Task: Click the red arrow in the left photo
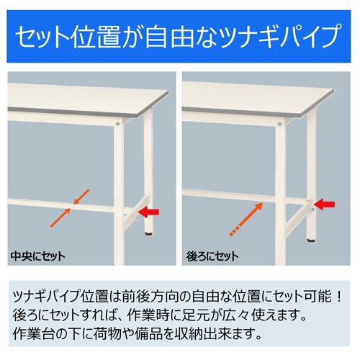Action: tap(149, 212)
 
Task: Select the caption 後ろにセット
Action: tap(214, 256)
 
